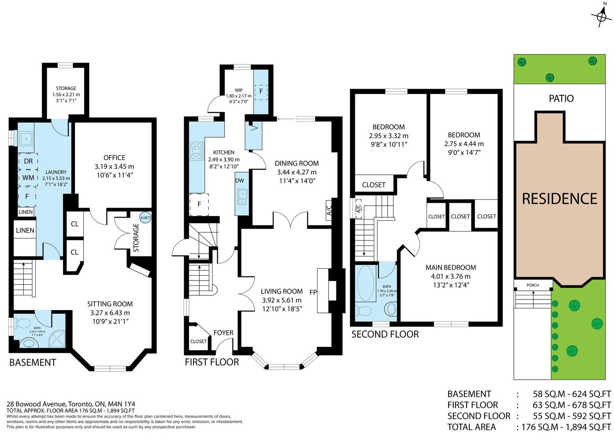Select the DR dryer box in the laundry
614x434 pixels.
tap(28, 162)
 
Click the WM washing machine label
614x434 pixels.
tap(28, 178)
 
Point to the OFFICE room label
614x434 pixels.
tap(114, 157)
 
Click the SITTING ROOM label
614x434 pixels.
tap(110, 304)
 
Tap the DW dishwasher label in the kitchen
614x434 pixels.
tap(239, 180)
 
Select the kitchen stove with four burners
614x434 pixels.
tap(197, 151)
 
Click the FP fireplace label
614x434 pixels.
tap(313, 292)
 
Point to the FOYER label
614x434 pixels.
tap(223, 333)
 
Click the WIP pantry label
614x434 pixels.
tap(239, 90)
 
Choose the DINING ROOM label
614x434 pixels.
tap(297, 163)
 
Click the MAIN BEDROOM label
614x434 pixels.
tap(451, 268)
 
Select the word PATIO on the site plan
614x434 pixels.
tap(561, 98)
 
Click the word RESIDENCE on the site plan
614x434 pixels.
tap(560, 199)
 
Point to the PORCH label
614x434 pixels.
tap(533, 285)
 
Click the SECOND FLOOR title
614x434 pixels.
tap(385, 334)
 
